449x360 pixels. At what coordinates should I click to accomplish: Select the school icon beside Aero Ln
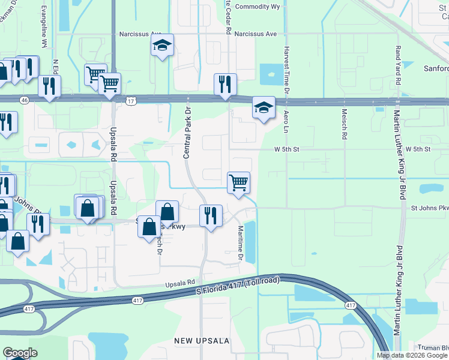pos(263,108)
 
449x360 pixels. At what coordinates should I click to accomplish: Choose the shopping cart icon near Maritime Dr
pos(238,182)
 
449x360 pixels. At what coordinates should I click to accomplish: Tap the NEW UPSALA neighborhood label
pos(202,341)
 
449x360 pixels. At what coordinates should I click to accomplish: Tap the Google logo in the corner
pos(20,353)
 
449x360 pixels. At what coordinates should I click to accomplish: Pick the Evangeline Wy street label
pos(44,27)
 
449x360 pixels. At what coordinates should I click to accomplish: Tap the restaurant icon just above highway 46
pos(225,84)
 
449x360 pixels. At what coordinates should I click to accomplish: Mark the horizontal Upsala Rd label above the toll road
pos(181,282)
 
